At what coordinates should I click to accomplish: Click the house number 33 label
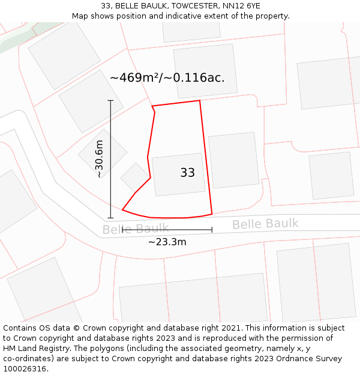[x=187, y=173]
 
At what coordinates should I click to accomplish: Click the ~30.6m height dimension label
[x=100, y=159]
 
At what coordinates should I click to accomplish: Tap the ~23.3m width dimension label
[x=167, y=242]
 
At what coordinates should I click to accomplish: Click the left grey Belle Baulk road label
[x=135, y=229]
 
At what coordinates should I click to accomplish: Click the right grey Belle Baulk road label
[x=265, y=224]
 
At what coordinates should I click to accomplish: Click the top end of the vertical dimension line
[x=110, y=100]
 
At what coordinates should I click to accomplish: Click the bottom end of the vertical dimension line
[x=110, y=218]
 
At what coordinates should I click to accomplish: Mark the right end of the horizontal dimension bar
[x=212, y=229]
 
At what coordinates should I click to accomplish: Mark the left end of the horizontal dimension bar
[x=122, y=229]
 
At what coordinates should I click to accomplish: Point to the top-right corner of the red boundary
[x=199, y=101]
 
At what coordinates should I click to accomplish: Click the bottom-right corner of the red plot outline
[x=212, y=214]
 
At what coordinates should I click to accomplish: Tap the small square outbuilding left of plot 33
[x=134, y=176]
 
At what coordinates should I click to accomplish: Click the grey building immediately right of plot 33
[x=233, y=160]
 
